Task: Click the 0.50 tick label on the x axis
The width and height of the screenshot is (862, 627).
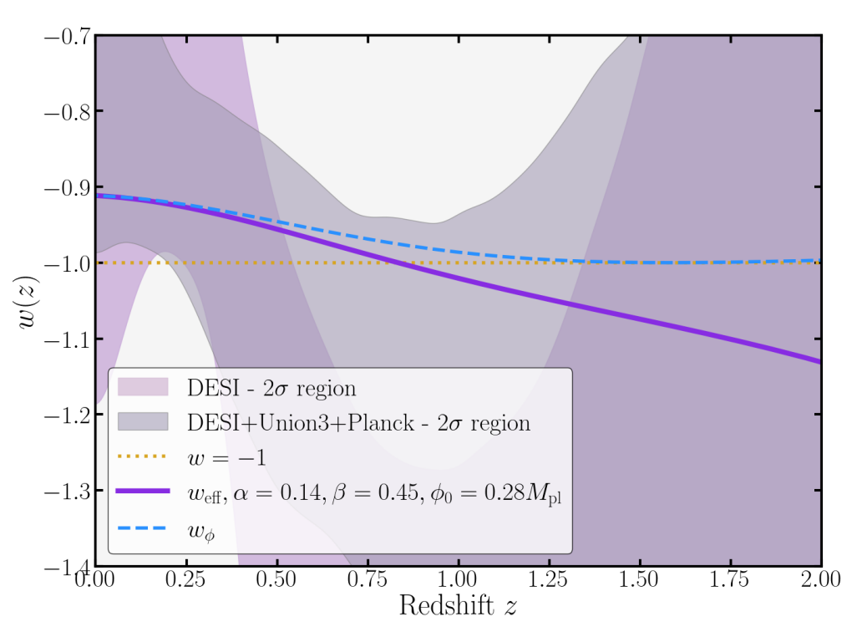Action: pos(277,579)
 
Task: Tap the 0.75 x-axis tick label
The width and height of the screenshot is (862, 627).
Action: pos(368,579)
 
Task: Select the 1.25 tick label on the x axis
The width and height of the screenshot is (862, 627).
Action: pos(550,579)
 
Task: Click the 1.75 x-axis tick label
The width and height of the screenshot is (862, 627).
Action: pos(731,579)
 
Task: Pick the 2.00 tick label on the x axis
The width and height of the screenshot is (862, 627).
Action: pos(820,579)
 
